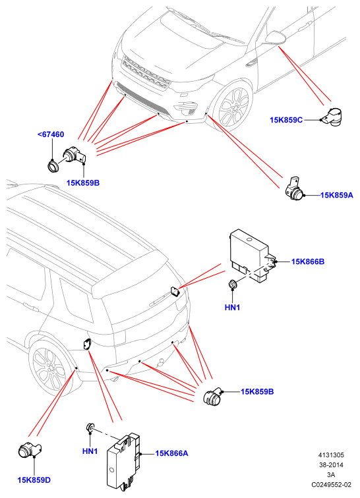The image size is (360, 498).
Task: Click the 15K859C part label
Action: click(x=286, y=120)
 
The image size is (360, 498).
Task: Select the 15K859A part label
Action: click(x=336, y=195)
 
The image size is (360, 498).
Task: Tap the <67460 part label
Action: click(x=51, y=134)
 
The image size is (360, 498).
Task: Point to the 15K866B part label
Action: click(x=308, y=262)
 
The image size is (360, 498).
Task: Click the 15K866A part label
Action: click(x=171, y=453)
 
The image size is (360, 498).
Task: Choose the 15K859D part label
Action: click(x=34, y=480)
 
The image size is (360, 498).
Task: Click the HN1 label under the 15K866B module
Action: click(x=233, y=308)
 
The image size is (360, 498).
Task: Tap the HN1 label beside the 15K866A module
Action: click(x=90, y=451)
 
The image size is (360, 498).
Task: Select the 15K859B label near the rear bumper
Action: click(x=257, y=391)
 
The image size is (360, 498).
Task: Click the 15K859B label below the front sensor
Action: click(x=83, y=183)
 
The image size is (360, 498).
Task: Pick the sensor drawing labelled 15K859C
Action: click(x=332, y=117)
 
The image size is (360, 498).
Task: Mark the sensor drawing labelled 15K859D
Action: click(x=30, y=451)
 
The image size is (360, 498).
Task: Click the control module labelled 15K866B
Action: click(x=253, y=255)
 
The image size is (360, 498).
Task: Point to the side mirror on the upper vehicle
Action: click(x=276, y=37)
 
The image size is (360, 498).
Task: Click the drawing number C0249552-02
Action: click(x=332, y=485)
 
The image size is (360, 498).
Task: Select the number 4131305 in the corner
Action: click(x=332, y=455)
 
